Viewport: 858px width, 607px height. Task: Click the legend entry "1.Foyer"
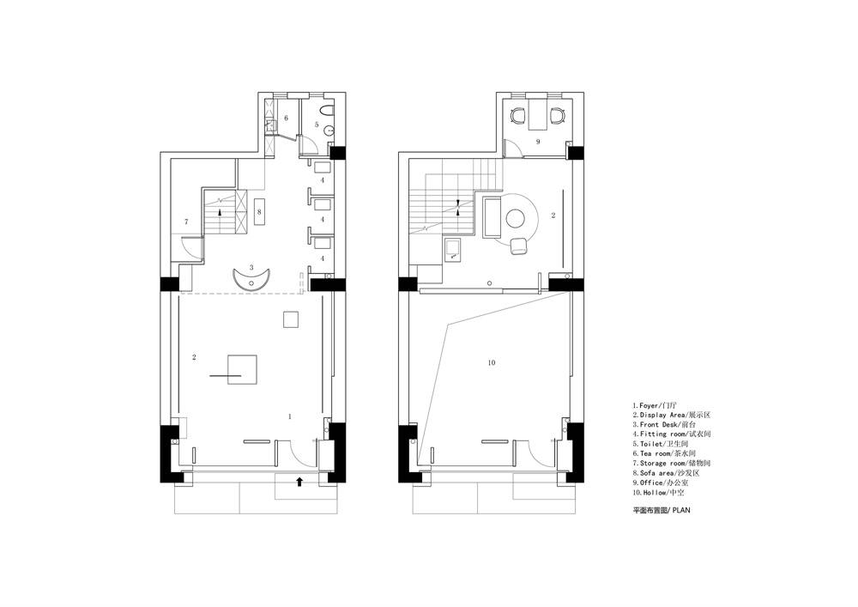(x=648, y=405)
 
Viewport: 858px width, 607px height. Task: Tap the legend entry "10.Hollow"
(x=651, y=493)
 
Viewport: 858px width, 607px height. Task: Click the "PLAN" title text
(x=681, y=510)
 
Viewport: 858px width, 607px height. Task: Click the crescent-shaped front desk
(x=251, y=278)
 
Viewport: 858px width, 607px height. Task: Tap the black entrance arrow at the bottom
(x=299, y=482)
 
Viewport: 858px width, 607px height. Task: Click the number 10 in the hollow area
(x=492, y=362)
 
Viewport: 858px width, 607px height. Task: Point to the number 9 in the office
(x=538, y=142)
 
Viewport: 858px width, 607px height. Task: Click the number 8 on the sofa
(x=259, y=210)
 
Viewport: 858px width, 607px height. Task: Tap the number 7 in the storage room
(x=186, y=222)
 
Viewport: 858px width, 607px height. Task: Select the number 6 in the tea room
(x=287, y=118)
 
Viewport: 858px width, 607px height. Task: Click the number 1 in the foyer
(x=290, y=416)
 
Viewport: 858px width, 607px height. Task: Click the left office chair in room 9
(x=518, y=116)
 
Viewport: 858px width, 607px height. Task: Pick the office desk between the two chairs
(x=538, y=114)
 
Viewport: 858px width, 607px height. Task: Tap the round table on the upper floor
(x=516, y=218)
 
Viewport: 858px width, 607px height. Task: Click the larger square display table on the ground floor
(x=243, y=369)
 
